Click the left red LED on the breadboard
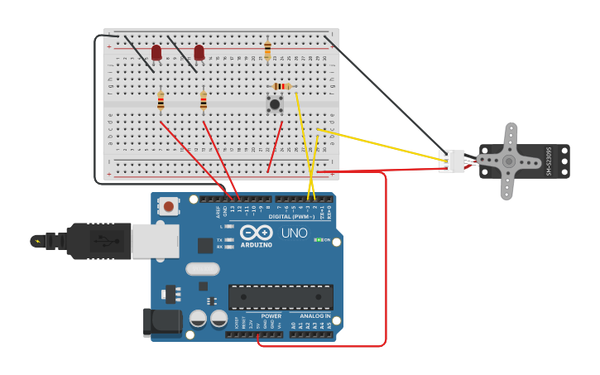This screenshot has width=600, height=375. pyautogui.click(x=156, y=53)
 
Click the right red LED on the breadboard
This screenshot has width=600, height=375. pyautogui.click(x=199, y=53)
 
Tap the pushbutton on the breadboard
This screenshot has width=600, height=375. pyautogui.click(x=275, y=104)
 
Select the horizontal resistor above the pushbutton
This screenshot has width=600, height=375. pyautogui.click(x=281, y=86)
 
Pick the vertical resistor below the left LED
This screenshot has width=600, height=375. pyautogui.click(x=161, y=101)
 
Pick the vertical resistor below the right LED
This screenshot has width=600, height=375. pyautogui.click(x=204, y=101)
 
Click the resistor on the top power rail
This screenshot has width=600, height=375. pyautogui.click(x=267, y=50)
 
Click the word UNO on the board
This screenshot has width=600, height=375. pyautogui.click(x=294, y=233)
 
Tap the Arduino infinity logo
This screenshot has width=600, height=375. pyautogui.click(x=257, y=233)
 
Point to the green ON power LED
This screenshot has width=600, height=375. pyautogui.click(x=318, y=240)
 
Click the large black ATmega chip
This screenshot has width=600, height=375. pyautogui.click(x=281, y=297)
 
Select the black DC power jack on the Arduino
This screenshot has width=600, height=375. pyautogui.click(x=162, y=322)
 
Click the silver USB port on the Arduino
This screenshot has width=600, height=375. pyautogui.click(x=155, y=240)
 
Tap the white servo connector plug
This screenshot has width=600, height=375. pyautogui.click(x=452, y=161)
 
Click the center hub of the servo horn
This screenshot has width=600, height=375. pyautogui.click(x=508, y=161)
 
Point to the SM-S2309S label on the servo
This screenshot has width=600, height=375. pyautogui.click(x=549, y=161)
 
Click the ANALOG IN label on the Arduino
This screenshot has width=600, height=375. pyautogui.click(x=314, y=316)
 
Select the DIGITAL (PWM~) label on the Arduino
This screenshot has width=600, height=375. pyautogui.click(x=292, y=216)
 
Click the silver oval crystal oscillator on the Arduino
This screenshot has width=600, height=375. pyautogui.click(x=203, y=268)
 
